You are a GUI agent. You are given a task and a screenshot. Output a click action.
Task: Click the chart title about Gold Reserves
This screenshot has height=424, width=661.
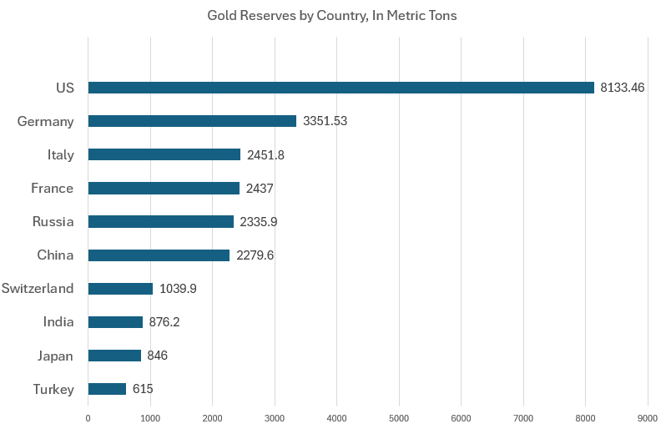pyautogui.click(x=332, y=16)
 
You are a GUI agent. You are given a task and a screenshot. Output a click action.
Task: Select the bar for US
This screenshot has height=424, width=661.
pyautogui.click(x=341, y=88)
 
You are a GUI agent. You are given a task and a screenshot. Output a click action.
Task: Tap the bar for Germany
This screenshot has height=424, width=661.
pyautogui.click(x=192, y=121)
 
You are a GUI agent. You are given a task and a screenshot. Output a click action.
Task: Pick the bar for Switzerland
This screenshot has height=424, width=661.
pyautogui.click(x=120, y=289)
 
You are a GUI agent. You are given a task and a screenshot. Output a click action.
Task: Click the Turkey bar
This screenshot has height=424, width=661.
pyautogui.click(x=107, y=389)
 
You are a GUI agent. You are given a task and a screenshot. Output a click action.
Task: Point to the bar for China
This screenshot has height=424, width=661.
pyautogui.click(x=159, y=255)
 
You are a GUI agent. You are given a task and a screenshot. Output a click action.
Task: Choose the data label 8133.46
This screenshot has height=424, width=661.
pyautogui.click(x=623, y=88)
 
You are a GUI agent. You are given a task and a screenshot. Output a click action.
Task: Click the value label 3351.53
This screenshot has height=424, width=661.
pyautogui.click(x=325, y=121)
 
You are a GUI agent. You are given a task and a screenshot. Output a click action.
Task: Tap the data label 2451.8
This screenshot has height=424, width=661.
pyautogui.click(x=265, y=154)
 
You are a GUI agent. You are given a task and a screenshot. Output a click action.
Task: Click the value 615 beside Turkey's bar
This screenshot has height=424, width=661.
pyautogui.click(x=143, y=389)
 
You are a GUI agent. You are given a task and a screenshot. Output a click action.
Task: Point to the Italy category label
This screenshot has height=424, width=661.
pyautogui.click(x=61, y=154)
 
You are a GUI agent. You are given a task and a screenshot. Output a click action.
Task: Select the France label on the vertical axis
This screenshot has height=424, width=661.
pyautogui.click(x=52, y=188)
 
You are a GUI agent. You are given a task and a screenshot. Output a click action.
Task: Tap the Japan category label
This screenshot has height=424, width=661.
pyautogui.click(x=55, y=356)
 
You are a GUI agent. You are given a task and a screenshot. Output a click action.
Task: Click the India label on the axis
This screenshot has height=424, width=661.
pyautogui.click(x=58, y=322)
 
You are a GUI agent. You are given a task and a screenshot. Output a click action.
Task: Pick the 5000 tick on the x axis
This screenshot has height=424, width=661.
pyautogui.click(x=399, y=416)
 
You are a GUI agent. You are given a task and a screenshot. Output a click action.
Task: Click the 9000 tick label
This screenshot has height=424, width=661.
pyautogui.click(x=648, y=416)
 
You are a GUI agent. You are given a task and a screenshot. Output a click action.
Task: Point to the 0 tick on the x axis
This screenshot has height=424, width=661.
pyautogui.click(x=88, y=416)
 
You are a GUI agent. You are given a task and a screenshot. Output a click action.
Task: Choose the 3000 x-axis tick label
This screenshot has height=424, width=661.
pyautogui.click(x=275, y=416)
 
